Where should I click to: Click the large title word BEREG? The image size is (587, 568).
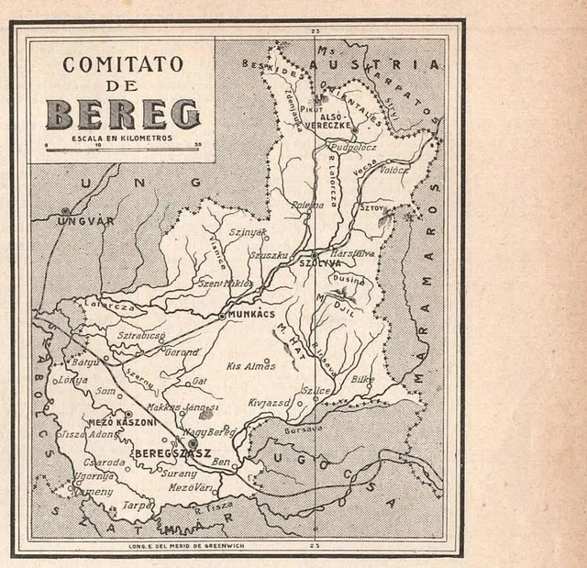(x=122, y=114)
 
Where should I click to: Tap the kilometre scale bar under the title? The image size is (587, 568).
(x=122, y=145)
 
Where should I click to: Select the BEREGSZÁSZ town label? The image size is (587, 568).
(x=172, y=453)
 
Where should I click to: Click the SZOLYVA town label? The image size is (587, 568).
(x=320, y=263)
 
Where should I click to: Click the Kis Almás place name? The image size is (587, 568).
(x=251, y=365)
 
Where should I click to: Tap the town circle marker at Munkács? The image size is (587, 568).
(x=222, y=316)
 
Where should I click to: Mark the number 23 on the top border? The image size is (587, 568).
(x=315, y=32)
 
